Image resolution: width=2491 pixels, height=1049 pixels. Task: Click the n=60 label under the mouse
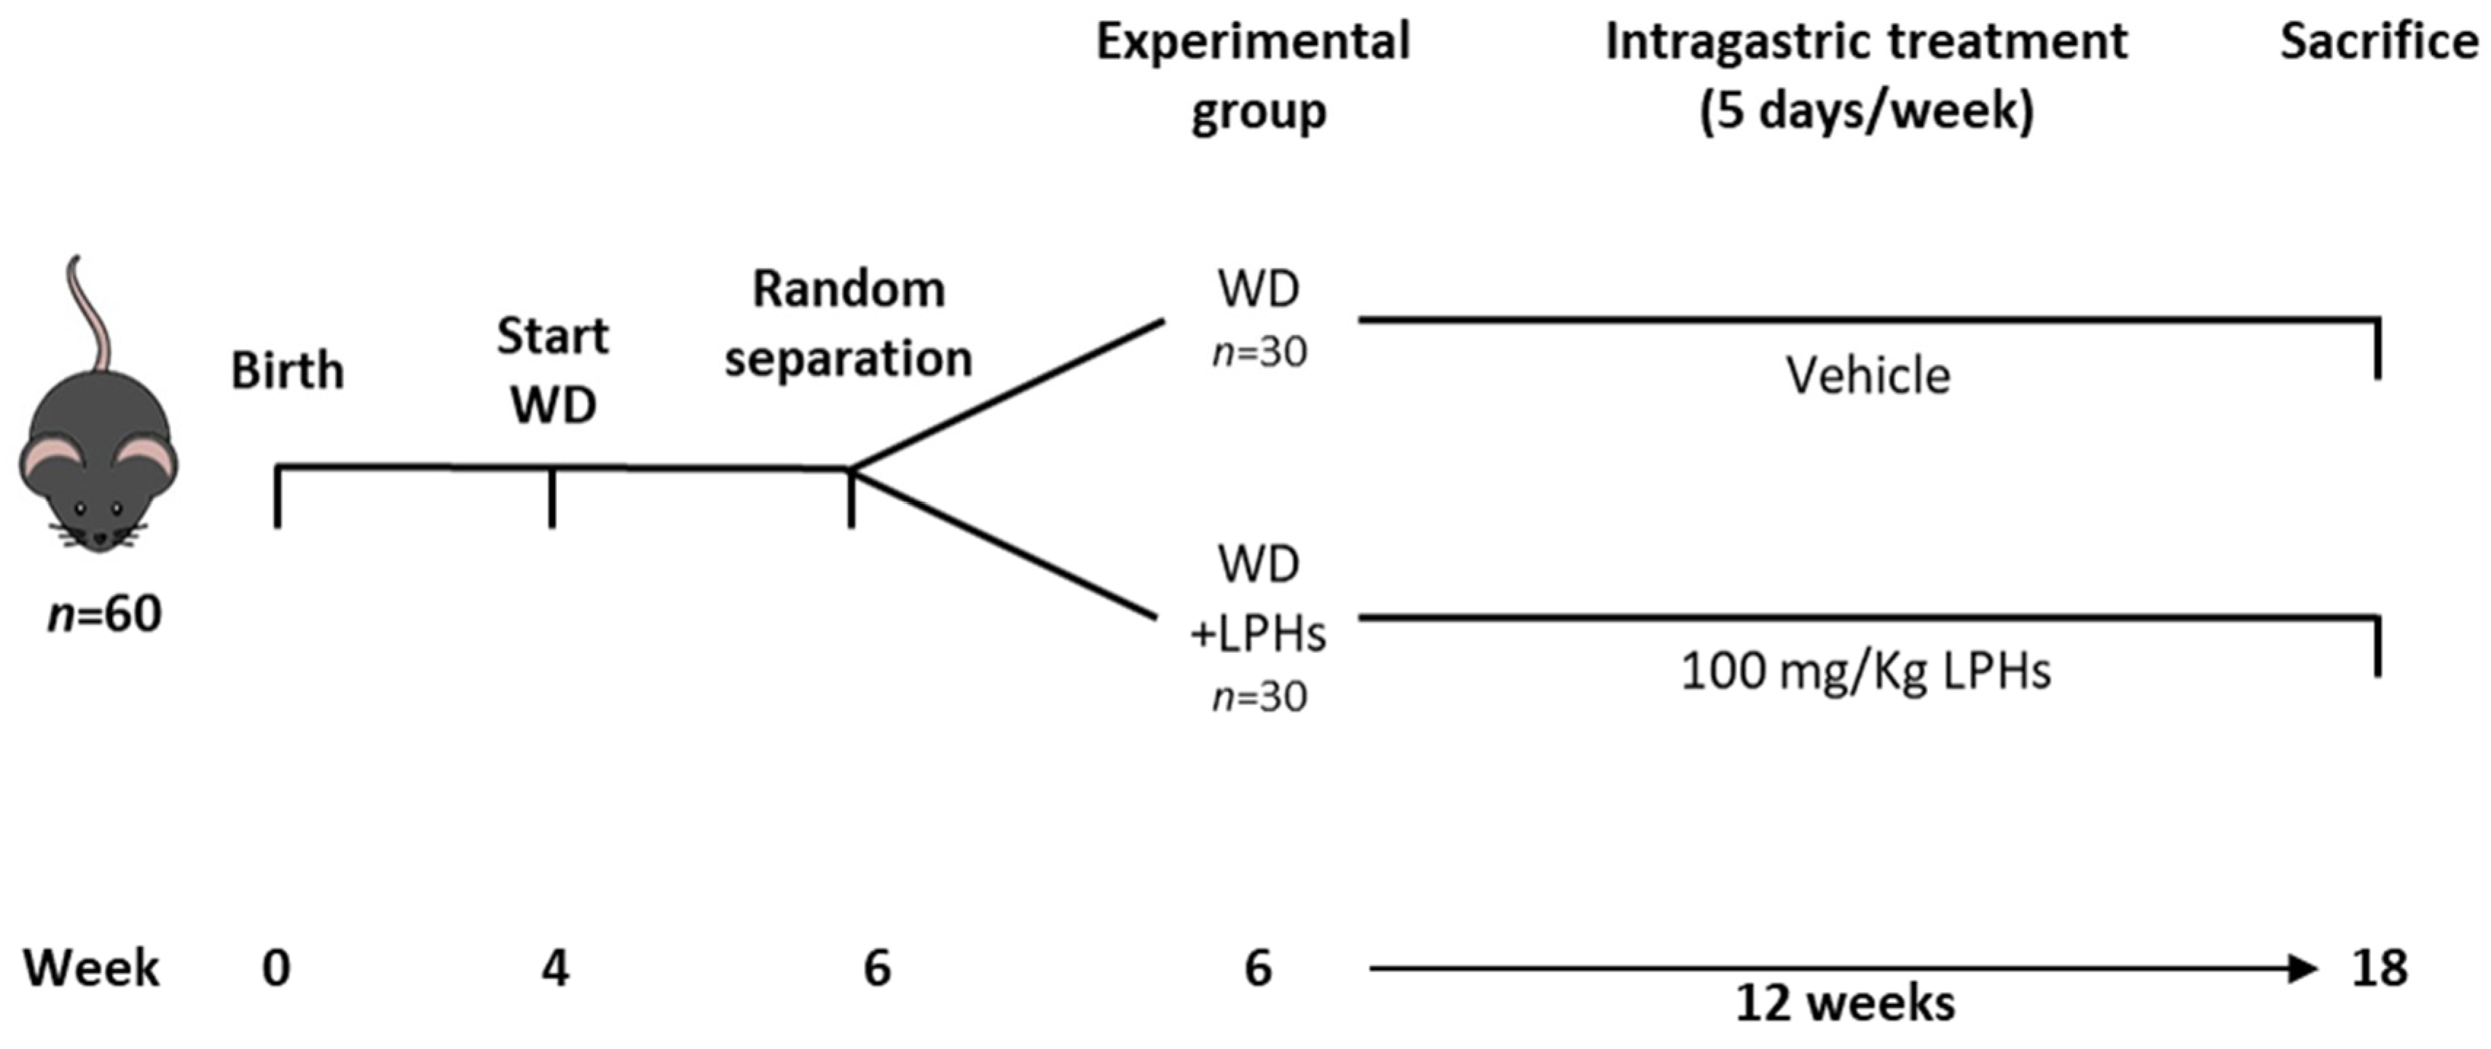(104, 614)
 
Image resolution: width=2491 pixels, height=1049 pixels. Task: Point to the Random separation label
(848, 324)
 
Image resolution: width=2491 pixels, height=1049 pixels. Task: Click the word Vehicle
(1868, 376)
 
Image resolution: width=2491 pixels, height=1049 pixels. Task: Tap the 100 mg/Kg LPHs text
(1865, 671)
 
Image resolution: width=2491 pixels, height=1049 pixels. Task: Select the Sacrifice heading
(2379, 42)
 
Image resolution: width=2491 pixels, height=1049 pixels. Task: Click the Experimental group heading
(1254, 76)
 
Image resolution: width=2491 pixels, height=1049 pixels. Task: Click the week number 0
(277, 968)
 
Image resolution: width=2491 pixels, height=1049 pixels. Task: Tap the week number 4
(555, 968)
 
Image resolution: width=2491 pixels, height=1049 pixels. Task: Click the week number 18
(2379, 968)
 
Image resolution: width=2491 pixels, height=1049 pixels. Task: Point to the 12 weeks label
(1845, 1005)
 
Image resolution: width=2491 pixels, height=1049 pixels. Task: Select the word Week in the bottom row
(92, 968)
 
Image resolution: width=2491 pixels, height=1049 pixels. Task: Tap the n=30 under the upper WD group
(1259, 353)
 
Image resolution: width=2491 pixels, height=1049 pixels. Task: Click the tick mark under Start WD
(552, 499)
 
